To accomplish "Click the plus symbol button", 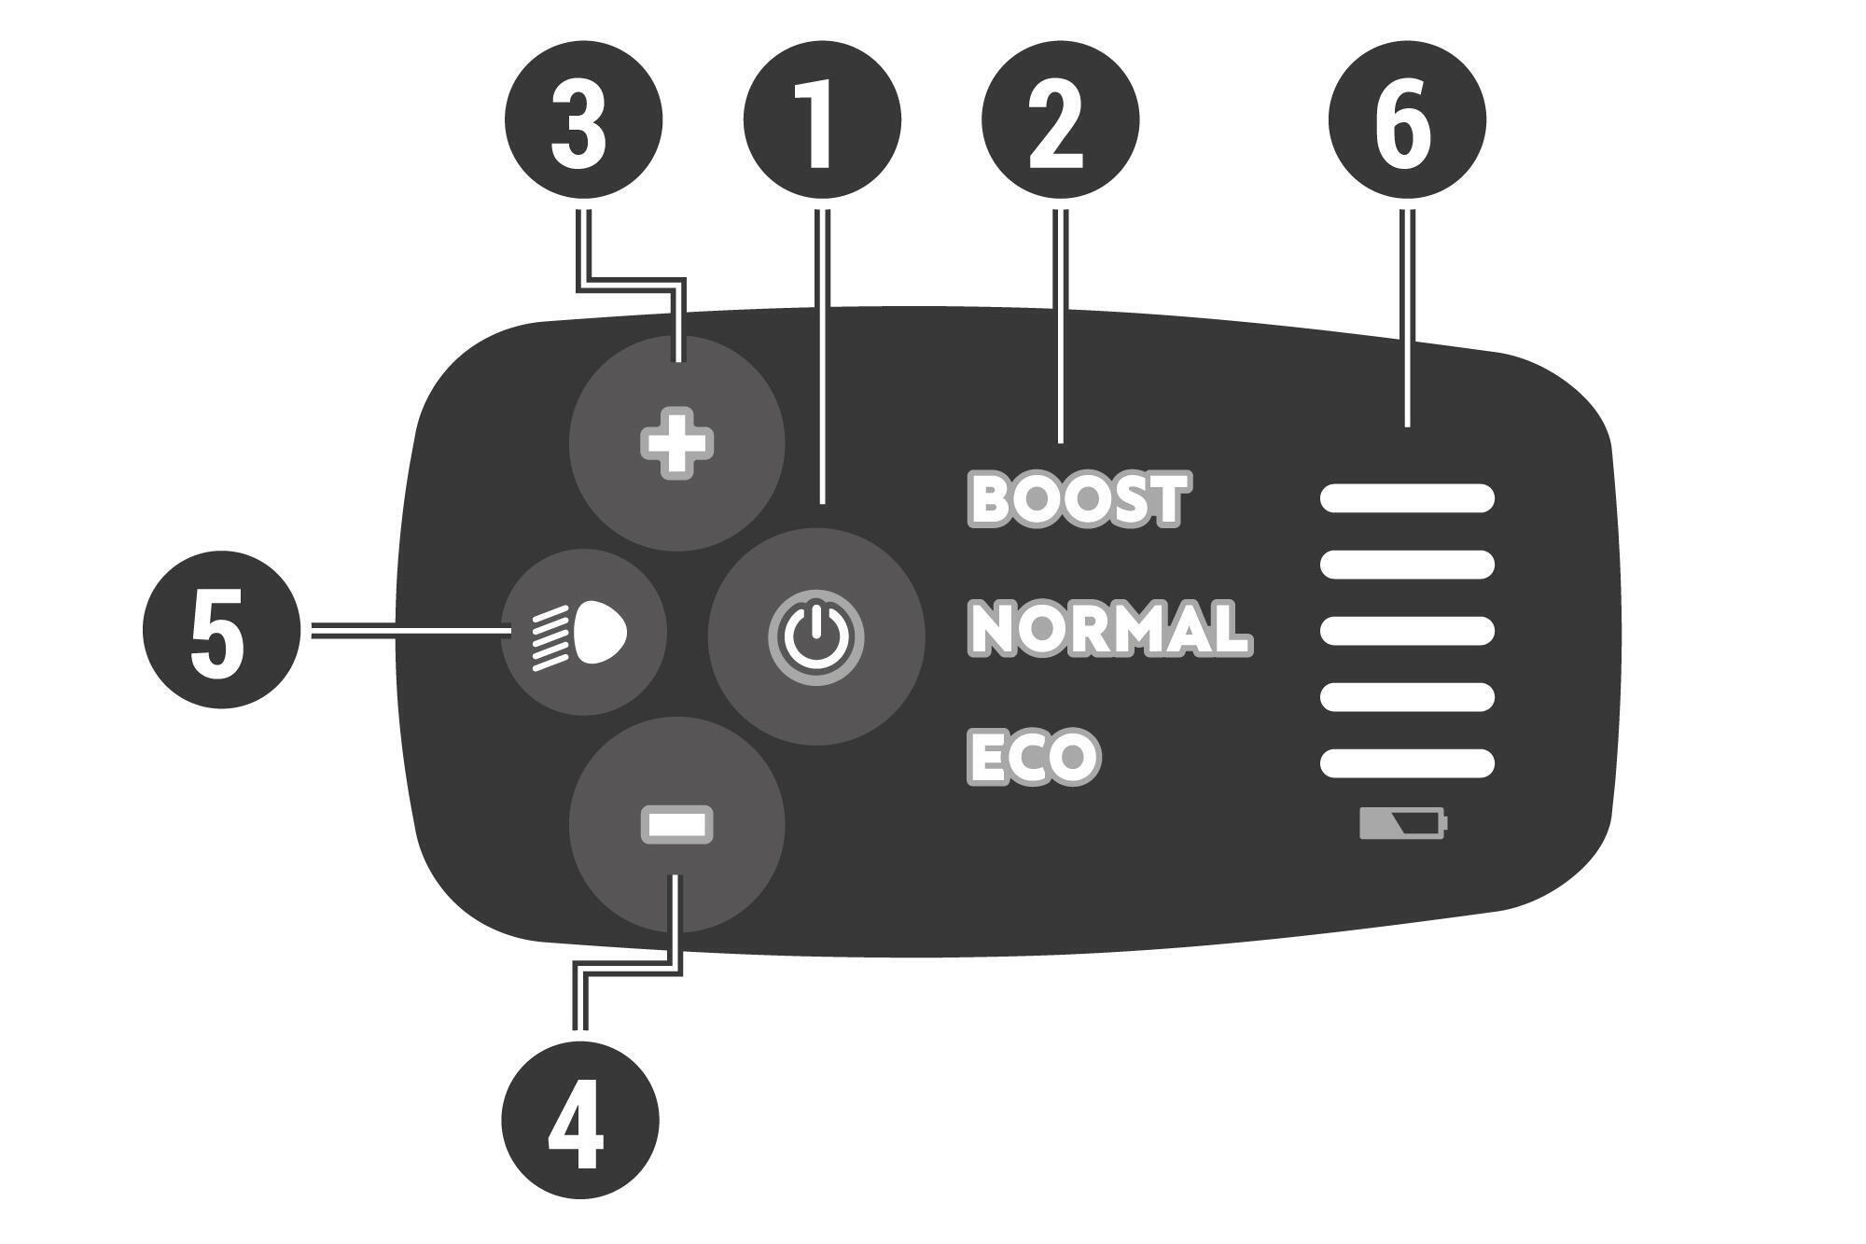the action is point(677,443).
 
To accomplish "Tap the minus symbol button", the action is point(677,825).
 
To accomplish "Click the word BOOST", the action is point(1079,499).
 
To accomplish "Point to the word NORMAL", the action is point(1110,627).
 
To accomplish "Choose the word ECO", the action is point(1034,756).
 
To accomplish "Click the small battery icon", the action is point(1403,824).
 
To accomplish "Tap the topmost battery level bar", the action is point(1407,498).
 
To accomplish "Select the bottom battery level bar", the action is point(1407,763).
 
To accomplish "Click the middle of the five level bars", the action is point(1407,631).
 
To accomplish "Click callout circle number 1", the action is point(822,119).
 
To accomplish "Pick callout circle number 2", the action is point(1061,119).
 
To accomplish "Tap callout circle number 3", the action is point(584,119).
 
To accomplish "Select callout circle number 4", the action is point(580,1120).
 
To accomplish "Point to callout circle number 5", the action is point(222,630).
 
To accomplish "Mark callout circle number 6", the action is point(1408,119).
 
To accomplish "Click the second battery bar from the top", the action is point(1407,565).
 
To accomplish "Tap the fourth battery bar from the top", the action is point(1407,697).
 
